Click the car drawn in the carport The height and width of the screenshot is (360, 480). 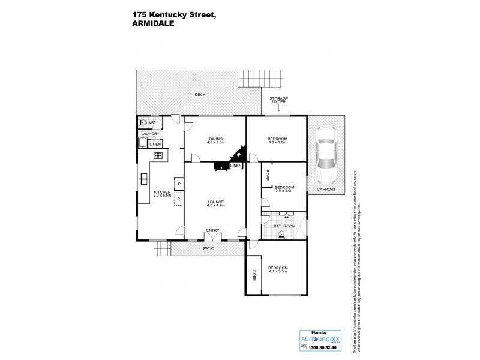[x=326, y=155]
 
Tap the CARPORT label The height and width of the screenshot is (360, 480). [x=326, y=189]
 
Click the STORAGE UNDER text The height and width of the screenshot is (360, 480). [x=278, y=100]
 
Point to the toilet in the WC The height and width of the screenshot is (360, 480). [x=143, y=123]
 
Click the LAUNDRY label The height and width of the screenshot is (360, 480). [x=150, y=134]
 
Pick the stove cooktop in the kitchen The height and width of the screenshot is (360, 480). [x=158, y=156]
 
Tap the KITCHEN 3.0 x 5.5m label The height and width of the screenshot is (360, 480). [x=163, y=193]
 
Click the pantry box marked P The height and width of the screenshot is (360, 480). [x=179, y=183]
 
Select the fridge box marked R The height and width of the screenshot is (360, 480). [x=179, y=199]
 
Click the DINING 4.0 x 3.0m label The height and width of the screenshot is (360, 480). [x=215, y=140]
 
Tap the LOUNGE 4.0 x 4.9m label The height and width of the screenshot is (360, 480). [x=215, y=203]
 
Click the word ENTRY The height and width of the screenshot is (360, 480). [x=212, y=230]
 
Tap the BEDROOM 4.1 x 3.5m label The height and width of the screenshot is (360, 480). [x=278, y=269]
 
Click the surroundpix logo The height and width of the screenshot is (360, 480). [x=317, y=339]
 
